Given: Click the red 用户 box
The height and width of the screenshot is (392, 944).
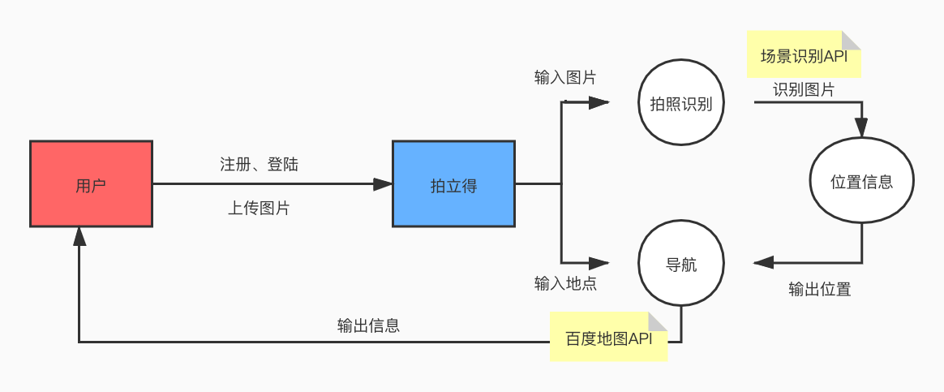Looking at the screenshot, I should tap(91, 183).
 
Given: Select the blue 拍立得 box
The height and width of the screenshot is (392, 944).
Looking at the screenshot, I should tap(453, 184).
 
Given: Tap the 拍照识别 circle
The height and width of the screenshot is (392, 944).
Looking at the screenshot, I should tap(680, 103).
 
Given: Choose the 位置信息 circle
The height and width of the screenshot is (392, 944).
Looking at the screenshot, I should tap(862, 182).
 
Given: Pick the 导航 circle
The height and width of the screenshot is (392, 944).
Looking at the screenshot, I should tap(680, 265).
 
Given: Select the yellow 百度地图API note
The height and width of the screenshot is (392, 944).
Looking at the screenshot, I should tap(608, 337).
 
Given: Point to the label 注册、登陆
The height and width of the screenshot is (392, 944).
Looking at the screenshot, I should tap(259, 164).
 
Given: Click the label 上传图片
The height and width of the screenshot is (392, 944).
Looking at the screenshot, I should tap(259, 208).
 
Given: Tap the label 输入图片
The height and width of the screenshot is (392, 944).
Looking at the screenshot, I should tap(565, 78).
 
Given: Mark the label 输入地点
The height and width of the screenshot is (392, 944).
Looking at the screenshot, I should tap(565, 283).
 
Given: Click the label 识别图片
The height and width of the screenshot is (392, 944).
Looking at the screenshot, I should tap(804, 89).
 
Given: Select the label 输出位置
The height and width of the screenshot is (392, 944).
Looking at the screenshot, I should tap(820, 289).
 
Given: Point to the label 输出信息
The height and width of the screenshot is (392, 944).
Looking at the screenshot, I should tap(368, 326).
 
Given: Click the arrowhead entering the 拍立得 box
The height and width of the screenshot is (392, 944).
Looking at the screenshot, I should tap(383, 184).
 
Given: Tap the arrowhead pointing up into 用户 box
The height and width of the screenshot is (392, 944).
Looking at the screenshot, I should tap(79, 235).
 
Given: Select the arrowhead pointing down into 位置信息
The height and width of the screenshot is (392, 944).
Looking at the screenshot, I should tap(861, 127).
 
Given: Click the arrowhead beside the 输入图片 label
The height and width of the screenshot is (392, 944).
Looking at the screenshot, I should tap(599, 103).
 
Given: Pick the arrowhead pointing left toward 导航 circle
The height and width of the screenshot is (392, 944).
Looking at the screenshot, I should tap(763, 262).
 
